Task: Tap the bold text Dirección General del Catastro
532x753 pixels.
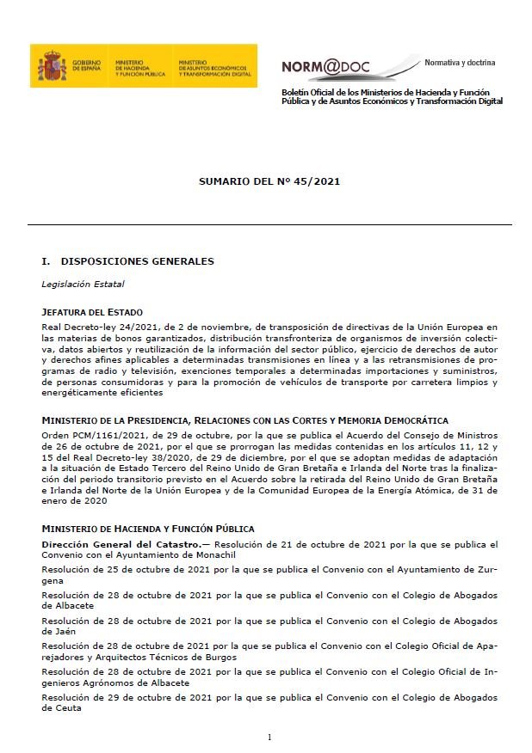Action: [x=120, y=544]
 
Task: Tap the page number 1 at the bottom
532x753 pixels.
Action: [x=269, y=737]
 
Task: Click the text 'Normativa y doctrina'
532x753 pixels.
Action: [x=460, y=63]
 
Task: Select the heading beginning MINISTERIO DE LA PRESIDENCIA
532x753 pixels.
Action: [x=244, y=420]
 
